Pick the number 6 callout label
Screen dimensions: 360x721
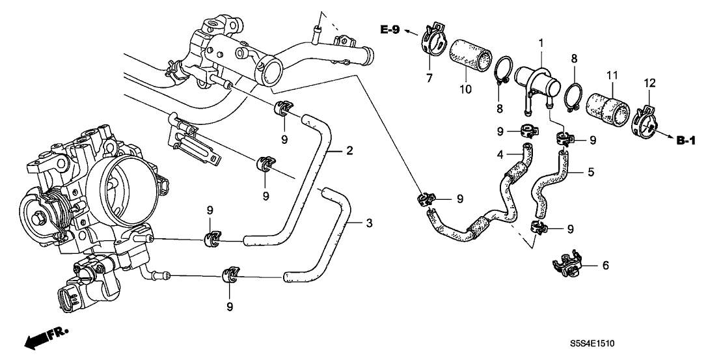coord(606,266)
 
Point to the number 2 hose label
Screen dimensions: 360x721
coord(349,152)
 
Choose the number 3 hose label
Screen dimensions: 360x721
coord(369,224)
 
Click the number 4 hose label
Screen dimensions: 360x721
coord(500,155)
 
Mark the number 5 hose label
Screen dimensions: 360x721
coord(590,173)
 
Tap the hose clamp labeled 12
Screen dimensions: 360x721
coord(644,122)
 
